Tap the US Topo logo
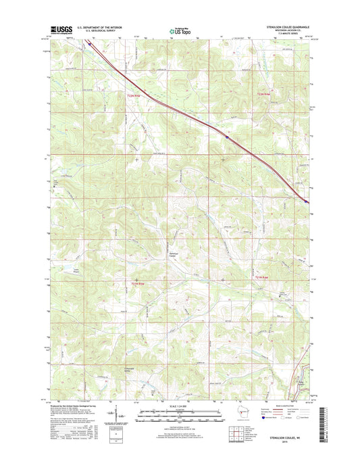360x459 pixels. pos(178,30)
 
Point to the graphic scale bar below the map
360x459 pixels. pos(178,412)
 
